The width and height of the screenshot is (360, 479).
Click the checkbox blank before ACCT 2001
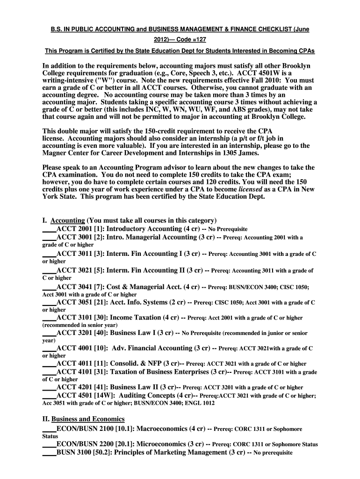coord(49,230)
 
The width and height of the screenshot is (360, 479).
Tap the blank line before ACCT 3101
coord(49,318)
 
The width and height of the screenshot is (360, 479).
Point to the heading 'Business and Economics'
coord(88,419)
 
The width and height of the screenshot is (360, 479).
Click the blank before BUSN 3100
coord(49,453)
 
